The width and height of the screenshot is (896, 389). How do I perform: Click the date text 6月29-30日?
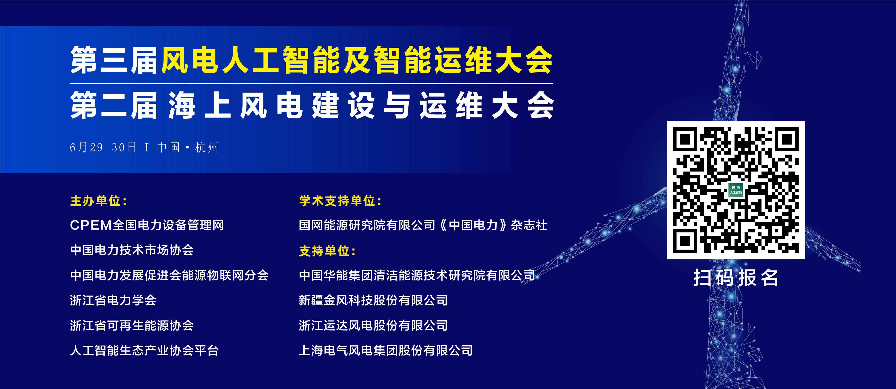coord(103,147)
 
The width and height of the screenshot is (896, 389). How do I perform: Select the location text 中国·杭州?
coord(188,147)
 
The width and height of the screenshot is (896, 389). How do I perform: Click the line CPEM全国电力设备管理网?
coord(147,225)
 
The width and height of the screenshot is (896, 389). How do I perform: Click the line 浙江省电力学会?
coord(113,300)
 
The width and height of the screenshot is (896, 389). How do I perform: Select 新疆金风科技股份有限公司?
coord(373,300)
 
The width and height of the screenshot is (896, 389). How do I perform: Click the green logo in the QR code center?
coord(736,190)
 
